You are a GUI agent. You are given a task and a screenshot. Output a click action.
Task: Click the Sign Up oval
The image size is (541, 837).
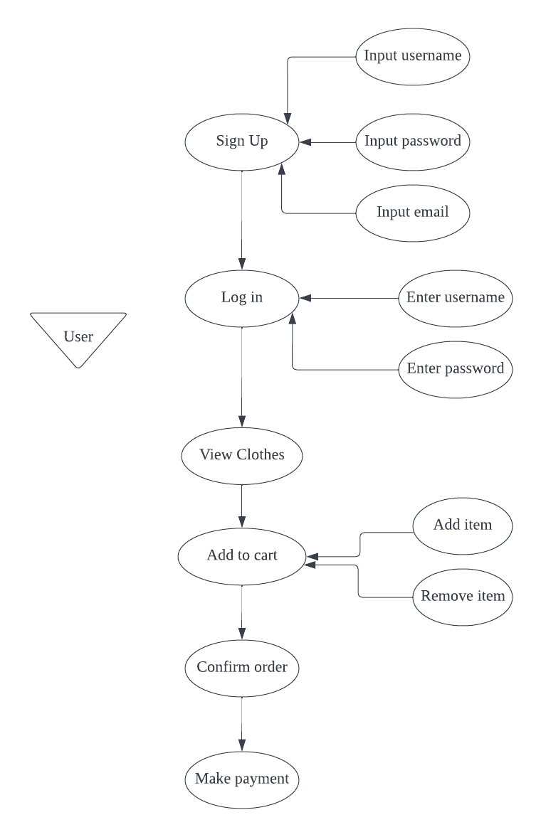[x=242, y=142]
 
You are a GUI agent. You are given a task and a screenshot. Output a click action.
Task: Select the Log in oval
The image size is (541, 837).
[x=242, y=298]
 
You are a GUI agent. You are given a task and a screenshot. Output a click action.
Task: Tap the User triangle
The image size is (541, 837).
[x=78, y=335]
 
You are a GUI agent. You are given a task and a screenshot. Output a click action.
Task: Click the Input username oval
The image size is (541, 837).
[x=413, y=56]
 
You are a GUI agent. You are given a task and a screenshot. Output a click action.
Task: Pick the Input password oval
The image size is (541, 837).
[x=413, y=142]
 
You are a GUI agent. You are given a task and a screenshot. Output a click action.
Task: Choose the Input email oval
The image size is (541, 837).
[x=413, y=213]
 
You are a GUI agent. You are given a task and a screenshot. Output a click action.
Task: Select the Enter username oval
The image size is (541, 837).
[x=456, y=298]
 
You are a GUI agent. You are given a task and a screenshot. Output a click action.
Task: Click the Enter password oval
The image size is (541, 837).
[x=456, y=369]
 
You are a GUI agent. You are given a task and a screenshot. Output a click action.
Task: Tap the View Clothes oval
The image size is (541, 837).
[x=242, y=454]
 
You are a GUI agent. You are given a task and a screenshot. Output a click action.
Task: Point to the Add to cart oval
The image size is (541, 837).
[x=242, y=555]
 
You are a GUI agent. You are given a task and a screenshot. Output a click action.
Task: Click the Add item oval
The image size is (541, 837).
[x=463, y=526]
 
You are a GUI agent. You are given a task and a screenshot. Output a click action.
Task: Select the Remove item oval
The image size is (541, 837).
[x=463, y=597]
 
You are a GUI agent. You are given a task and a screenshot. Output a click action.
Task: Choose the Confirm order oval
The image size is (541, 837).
[x=242, y=668]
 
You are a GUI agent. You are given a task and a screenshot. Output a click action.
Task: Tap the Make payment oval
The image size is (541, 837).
[x=242, y=779]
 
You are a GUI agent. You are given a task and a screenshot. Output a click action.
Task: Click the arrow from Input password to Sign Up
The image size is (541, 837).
[x=327, y=142]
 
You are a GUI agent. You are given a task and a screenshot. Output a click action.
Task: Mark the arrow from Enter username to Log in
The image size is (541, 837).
[x=349, y=299]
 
